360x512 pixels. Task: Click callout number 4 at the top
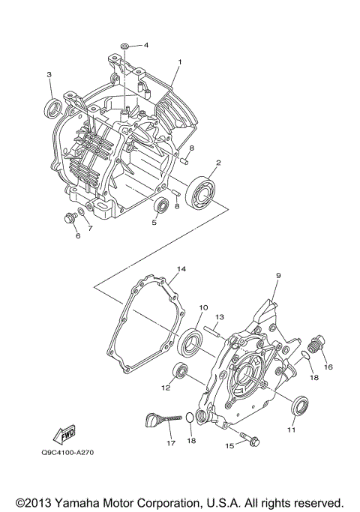coord(146,45)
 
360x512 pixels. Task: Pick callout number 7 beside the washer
coord(90,228)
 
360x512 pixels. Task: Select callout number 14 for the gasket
coord(181,268)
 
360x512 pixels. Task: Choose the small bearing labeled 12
coord(179,370)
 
